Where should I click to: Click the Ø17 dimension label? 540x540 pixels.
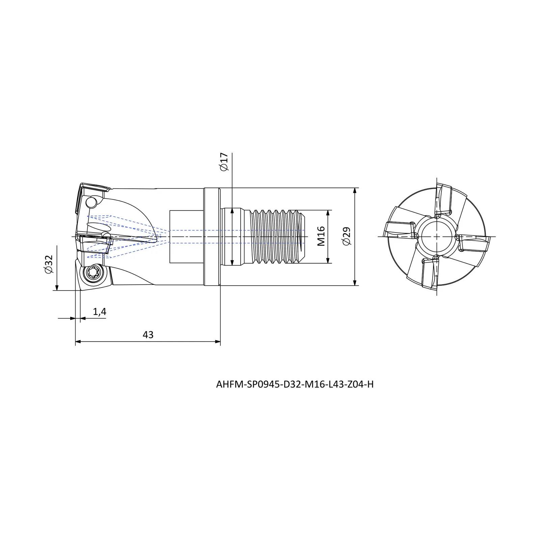(224, 162)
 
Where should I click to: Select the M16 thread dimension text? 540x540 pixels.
(321, 236)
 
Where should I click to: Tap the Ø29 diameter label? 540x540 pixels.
(346, 236)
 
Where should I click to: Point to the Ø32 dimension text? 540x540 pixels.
(49, 264)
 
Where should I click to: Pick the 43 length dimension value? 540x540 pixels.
(148, 334)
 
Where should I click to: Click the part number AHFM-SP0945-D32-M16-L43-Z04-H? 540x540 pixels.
(295, 384)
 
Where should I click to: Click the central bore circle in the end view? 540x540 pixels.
(436, 237)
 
